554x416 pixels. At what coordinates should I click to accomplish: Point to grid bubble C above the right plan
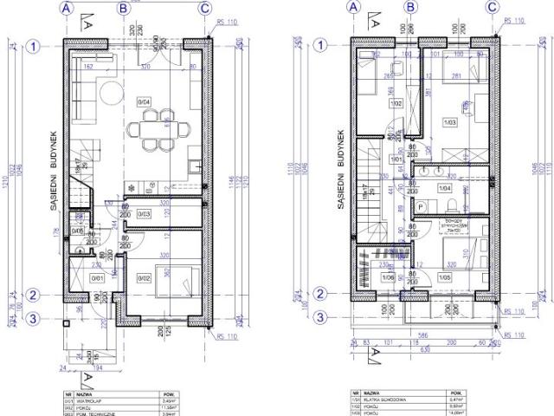point(492,8)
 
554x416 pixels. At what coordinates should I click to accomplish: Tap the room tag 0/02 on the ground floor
point(145,277)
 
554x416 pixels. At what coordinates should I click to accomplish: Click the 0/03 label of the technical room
point(145,214)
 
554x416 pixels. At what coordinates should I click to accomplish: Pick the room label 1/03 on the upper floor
point(448,123)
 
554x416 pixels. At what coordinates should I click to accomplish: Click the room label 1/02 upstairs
point(396,103)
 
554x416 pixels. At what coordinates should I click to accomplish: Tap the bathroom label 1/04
point(445,187)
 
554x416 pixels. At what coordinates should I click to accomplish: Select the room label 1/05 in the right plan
point(446,277)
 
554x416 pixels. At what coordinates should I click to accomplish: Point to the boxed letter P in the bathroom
point(420,206)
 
